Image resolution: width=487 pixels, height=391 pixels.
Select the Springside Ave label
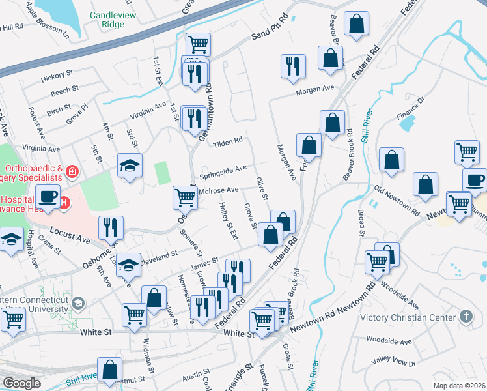click(223, 171)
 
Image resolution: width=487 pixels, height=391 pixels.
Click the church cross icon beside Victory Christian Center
click(466, 317)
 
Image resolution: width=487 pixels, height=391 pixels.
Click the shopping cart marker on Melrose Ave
click(185, 196)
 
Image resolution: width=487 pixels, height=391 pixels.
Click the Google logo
click(21, 383)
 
